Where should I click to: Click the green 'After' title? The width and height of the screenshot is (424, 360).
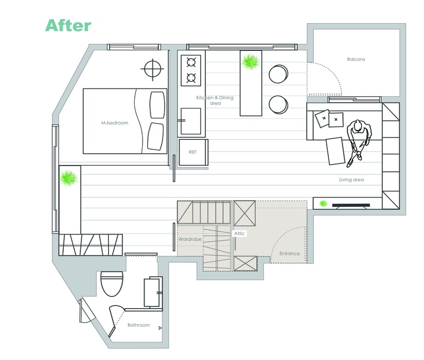tap(68, 25)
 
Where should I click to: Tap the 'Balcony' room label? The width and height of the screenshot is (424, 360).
tap(356, 59)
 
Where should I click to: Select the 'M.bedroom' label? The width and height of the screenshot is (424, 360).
tap(115, 123)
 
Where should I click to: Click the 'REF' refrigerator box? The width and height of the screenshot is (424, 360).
tap(193, 152)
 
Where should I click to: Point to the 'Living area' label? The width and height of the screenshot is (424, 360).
tap(351, 179)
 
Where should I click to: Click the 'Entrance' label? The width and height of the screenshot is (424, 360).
tap(289, 254)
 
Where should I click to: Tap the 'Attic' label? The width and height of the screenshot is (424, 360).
tap(239, 233)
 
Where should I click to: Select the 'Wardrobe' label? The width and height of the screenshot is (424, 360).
tap(189, 239)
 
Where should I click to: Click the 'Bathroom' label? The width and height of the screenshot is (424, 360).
tap(138, 325)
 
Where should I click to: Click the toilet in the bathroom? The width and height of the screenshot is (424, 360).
tap(112, 283)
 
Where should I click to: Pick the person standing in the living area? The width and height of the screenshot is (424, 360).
tap(358, 142)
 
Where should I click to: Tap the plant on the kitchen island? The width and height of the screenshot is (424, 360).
tap(251, 62)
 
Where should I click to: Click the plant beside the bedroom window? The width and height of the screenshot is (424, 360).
tap(68, 179)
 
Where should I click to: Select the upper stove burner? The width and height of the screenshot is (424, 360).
tap(191, 63)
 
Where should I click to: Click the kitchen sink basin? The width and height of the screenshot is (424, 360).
tap(190, 121)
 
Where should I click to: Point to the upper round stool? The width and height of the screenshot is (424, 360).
tap(278, 74)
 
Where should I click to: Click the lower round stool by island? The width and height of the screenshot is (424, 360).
tap(278, 104)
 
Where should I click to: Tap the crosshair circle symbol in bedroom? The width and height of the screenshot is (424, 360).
tap(152, 69)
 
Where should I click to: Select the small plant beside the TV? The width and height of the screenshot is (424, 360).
tap(323, 203)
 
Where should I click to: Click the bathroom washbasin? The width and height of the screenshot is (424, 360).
tap(152, 293)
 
